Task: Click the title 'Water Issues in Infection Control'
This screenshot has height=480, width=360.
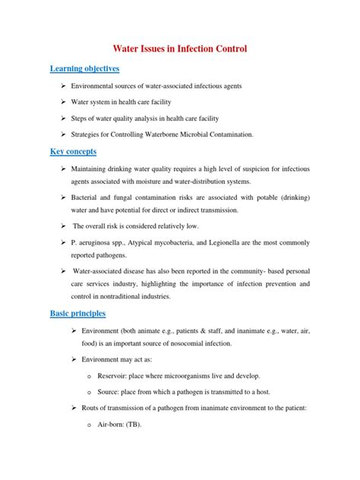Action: point(180,49)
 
